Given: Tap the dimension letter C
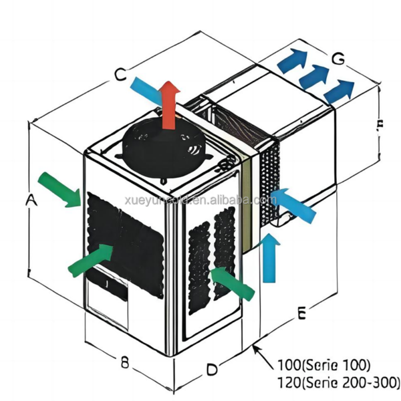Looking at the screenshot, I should (120, 76).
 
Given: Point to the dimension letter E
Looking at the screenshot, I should (302, 313).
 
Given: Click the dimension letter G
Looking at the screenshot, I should (339, 59).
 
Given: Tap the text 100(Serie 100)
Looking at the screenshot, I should (324, 366).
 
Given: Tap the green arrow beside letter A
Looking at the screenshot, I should (59, 189).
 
